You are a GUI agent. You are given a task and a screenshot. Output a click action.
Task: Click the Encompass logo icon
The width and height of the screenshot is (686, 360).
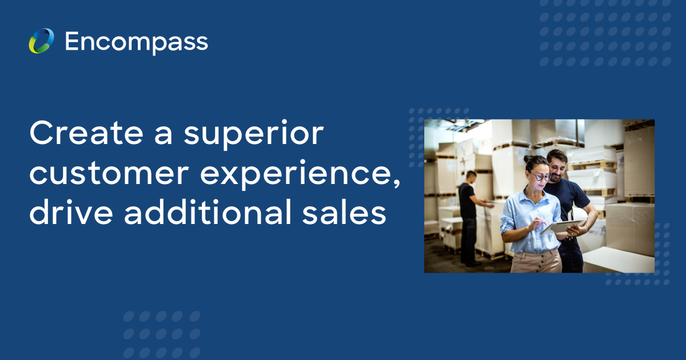pyautogui.click(x=41, y=41)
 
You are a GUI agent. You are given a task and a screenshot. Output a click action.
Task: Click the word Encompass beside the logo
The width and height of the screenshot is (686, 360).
pyautogui.click(x=136, y=42)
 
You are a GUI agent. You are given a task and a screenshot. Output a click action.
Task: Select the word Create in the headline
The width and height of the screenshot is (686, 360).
pyautogui.click(x=77, y=134)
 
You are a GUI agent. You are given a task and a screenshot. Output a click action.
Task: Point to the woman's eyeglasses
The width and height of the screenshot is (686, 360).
pyautogui.click(x=539, y=177)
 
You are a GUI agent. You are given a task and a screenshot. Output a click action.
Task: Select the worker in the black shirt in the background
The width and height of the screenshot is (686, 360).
pyautogui.click(x=469, y=214)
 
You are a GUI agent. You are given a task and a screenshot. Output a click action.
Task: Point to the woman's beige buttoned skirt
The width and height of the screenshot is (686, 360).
pyautogui.click(x=535, y=262)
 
